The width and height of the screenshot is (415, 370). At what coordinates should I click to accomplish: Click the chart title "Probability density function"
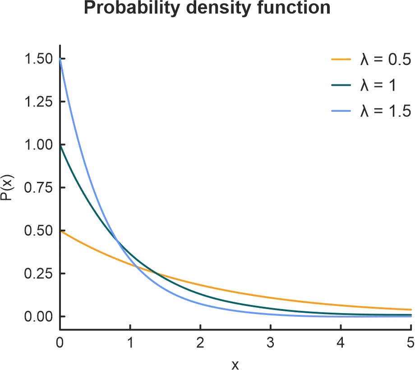tap(207, 8)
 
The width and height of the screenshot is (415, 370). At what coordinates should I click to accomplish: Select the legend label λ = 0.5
tap(385, 60)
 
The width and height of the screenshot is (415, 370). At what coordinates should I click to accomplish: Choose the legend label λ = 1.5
tap(385, 110)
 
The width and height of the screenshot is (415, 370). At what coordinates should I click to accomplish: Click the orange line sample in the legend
tap(341, 59)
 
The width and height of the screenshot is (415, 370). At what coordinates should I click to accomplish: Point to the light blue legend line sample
tap(341, 110)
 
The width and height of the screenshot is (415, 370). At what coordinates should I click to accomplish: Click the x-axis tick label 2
tap(200, 343)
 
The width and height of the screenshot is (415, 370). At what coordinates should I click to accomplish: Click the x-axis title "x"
tap(235, 364)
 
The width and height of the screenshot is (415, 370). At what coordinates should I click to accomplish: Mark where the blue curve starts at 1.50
tap(60, 59)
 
